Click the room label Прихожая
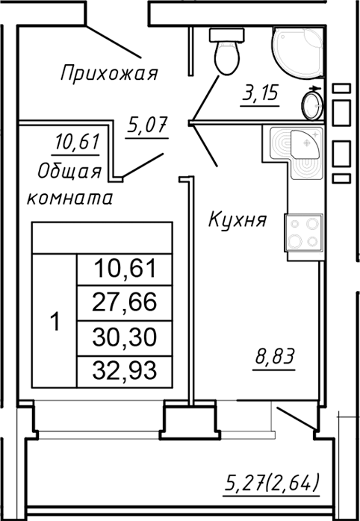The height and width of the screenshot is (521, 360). point(109,73)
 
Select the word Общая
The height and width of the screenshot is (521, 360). point(69,171)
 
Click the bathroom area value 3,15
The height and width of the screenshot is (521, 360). point(259,95)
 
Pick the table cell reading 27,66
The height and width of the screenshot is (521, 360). point(124,302)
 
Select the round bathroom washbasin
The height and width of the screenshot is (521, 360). point(313,103)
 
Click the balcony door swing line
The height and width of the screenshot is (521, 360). point(295,418)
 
